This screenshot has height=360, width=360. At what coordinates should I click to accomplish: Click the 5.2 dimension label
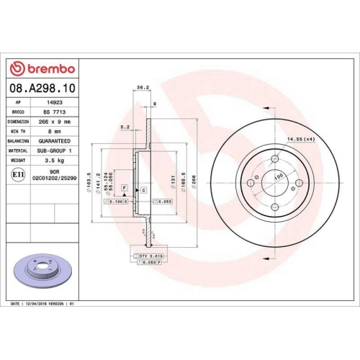(x=125, y=127)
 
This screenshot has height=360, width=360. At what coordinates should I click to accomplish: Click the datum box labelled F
(x=124, y=187)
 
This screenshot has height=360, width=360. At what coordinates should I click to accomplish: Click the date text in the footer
(x=49, y=305)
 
